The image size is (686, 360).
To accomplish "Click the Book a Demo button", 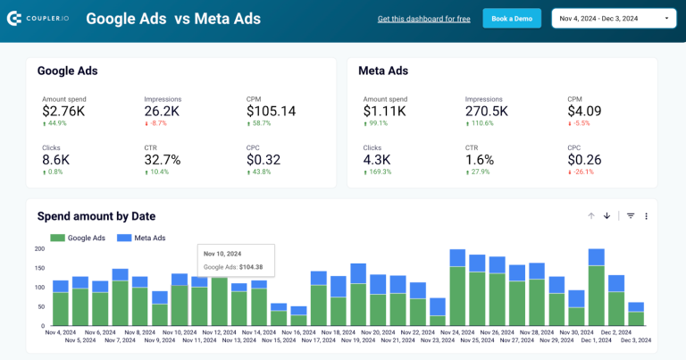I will [x=512, y=18].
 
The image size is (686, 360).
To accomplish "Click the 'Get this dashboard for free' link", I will [x=423, y=19].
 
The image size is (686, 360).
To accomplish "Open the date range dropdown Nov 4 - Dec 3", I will [x=615, y=18].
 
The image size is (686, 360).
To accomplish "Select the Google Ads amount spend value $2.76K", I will [x=63, y=111].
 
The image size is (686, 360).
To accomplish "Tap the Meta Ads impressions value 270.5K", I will [x=487, y=111].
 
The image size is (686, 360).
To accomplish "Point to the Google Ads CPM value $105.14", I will [x=271, y=111].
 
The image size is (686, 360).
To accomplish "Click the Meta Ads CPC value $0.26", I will [x=584, y=160].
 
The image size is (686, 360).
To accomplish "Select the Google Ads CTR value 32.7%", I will [x=163, y=160].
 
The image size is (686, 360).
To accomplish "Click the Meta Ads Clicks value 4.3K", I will [x=379, y=160].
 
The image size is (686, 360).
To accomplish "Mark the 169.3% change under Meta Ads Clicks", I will [x=378, y=172].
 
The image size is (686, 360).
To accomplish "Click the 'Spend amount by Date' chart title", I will [x=96, y=216].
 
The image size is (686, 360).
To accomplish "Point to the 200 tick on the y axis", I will [x=39, y=248].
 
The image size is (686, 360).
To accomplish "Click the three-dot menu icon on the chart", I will [x=646, y=216].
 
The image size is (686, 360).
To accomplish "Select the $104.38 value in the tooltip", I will [x=252, y=266].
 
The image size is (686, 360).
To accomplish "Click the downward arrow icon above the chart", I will [x=607, y=216].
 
